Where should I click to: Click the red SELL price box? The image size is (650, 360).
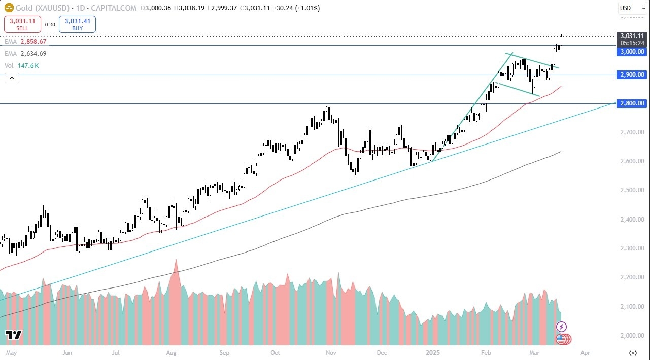coord(22,24)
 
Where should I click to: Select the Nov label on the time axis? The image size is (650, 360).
coord(331,352)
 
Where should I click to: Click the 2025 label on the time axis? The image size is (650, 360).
coord(432,352)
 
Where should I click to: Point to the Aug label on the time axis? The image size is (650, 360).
coord(171,352)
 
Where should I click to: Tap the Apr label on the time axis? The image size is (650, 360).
coord(585,352)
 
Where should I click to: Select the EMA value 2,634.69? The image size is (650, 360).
coord(33,53)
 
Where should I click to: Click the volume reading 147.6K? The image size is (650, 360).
coord(29,65)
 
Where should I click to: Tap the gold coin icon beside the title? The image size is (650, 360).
coord(9,8)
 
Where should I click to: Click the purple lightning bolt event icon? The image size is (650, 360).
coord(561,327)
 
